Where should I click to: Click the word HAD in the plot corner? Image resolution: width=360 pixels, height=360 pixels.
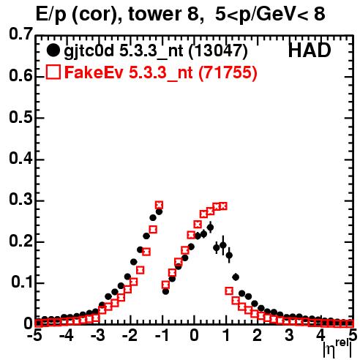(x=310, y=50)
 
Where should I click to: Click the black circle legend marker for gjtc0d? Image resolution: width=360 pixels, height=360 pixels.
(x=53, y=50)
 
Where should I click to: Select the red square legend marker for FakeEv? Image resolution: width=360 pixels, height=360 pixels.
(x=53, y=72)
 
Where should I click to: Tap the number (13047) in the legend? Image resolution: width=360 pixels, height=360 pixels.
(x=218, y=50)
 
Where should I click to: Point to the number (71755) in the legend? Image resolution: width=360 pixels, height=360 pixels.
(x=228, y=72)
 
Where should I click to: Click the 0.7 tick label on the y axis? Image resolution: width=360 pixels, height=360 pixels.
(x=20, y=34)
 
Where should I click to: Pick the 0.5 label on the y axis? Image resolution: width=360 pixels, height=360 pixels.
(x=20, y=118)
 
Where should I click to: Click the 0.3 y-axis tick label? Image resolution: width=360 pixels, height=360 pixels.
(x=20, y=200)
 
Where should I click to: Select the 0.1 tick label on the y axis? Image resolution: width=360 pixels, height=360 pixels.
(x=22, y=282)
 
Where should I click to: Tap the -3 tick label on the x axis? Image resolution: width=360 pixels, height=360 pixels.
(x=98, y=336)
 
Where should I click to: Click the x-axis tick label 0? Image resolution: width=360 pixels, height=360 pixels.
(x=195, y=336)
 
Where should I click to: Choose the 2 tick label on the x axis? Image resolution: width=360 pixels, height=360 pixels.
(x=257, y=336)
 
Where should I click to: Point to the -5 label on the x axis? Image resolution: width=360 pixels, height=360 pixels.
(x=34, y=336)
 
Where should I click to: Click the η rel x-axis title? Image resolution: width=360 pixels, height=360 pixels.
(x=337, y=349)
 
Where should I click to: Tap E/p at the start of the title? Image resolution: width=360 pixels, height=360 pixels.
(x=51, y=15)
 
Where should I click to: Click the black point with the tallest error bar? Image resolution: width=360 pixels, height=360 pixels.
(x=223, y=245)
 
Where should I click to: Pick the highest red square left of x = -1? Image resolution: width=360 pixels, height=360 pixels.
(x=159, y=205)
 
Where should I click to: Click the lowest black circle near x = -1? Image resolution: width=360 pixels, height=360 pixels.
(x=165, y=291)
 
